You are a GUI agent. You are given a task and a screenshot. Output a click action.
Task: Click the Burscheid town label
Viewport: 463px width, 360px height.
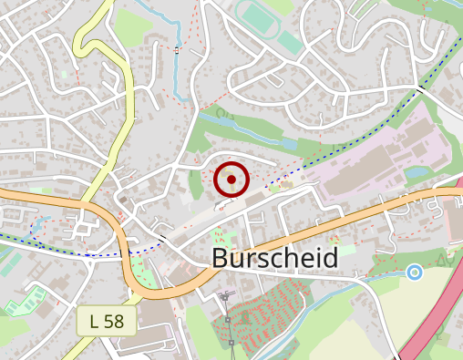click(274, 258)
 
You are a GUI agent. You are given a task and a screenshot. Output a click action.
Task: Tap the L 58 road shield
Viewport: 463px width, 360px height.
click(107, 321)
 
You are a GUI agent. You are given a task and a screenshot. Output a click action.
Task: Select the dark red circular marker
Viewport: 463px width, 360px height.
click(231, 180)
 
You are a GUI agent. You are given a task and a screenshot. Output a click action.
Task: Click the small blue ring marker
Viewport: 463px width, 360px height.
click(415, 272)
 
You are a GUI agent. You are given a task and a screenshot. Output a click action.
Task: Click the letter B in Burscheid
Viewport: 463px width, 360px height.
click(220, 258)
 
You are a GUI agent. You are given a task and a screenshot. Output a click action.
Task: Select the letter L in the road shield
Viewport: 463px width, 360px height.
click(95, 321)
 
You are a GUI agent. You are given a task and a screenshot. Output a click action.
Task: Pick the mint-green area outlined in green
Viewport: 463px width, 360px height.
click(26, 299)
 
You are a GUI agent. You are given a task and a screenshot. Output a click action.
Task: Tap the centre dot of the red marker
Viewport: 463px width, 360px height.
click(231, 180)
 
